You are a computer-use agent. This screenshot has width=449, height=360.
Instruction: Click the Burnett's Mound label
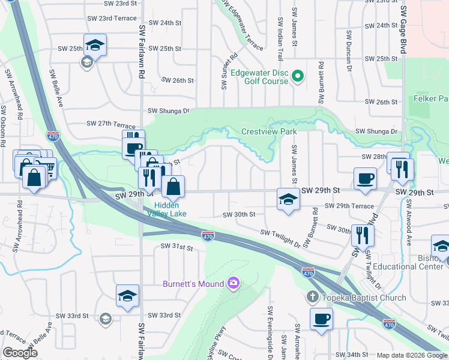[x=193, y=283]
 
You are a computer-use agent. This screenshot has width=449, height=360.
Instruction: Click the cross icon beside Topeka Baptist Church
[x=312, y=297]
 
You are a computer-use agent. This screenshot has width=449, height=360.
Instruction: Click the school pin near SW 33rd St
[x=127, y=296]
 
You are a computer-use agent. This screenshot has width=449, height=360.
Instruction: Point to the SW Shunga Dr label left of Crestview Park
[x=169, y=111]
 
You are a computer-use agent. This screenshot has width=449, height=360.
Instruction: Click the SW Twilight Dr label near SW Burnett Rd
[x=280, y=237]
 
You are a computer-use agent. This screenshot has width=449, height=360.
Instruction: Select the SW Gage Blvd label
[x=404, y=31]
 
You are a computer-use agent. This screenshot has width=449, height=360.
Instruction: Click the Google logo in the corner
[x=20, y=353]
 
